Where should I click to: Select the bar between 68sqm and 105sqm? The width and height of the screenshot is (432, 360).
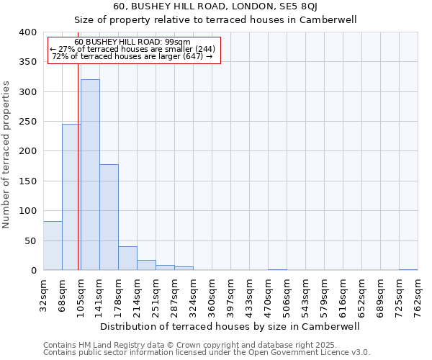tap(71, 197)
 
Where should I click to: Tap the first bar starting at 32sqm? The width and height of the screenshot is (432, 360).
tap(53, 246)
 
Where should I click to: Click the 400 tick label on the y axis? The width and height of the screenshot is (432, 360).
tap(27, 32)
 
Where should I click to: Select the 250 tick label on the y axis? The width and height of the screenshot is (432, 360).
tap(27, 122)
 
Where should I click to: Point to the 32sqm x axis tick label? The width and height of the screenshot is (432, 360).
tap(44, 294)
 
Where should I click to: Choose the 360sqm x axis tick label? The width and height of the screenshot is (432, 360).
tap(212, 294)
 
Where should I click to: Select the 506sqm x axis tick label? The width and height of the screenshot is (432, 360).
tap(287, 294)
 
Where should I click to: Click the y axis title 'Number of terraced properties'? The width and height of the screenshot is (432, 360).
tap(6, 155)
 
